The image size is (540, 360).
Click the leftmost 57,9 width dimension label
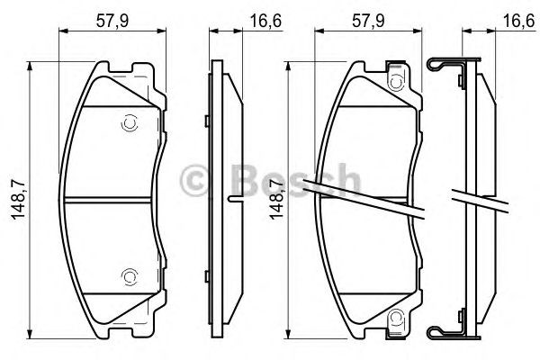(x=112, y=21)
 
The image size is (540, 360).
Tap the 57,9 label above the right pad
(x=368, y=21)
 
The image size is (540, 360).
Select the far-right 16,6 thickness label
(x=521, y=21)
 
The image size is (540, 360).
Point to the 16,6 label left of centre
(x=265, y=21)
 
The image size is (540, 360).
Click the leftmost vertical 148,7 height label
(x=18, y=200)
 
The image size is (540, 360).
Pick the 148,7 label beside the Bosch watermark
(x=276, y=200)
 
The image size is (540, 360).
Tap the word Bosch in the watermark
(x=295, y=180)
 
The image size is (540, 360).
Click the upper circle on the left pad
(x=130, y=122)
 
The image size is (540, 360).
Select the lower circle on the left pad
(x=130, y=276)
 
